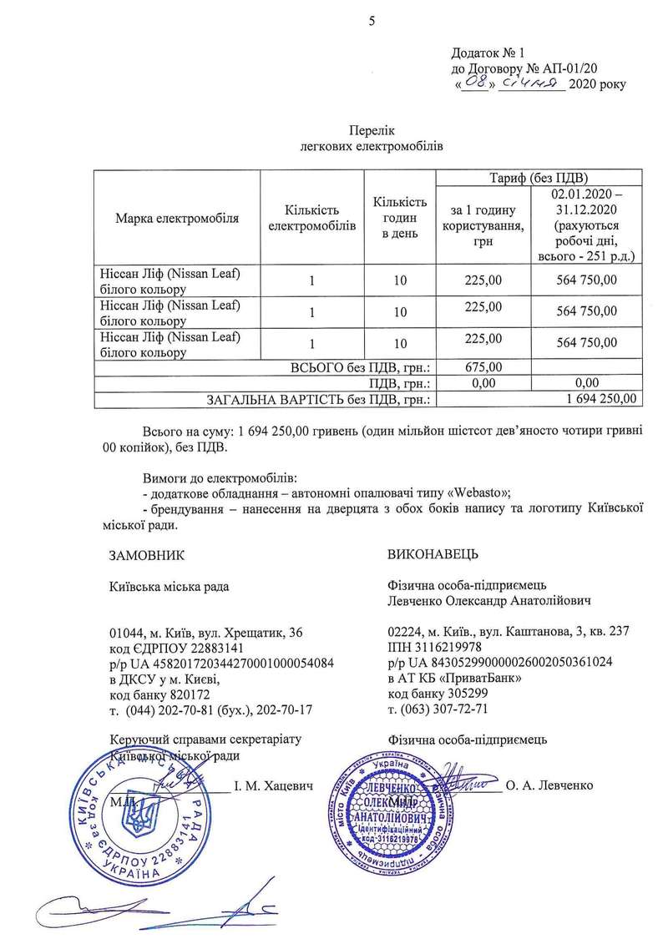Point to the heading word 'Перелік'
click(x=370, y=131)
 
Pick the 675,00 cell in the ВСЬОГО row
click(x=484, y=366)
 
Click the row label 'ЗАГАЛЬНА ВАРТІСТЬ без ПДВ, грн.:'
click(x=318, y=400)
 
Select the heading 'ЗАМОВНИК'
click(x=145, y=554)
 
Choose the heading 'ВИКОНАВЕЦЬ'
click(x=433, y=554)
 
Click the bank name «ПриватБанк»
click(x=481, y=679)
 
